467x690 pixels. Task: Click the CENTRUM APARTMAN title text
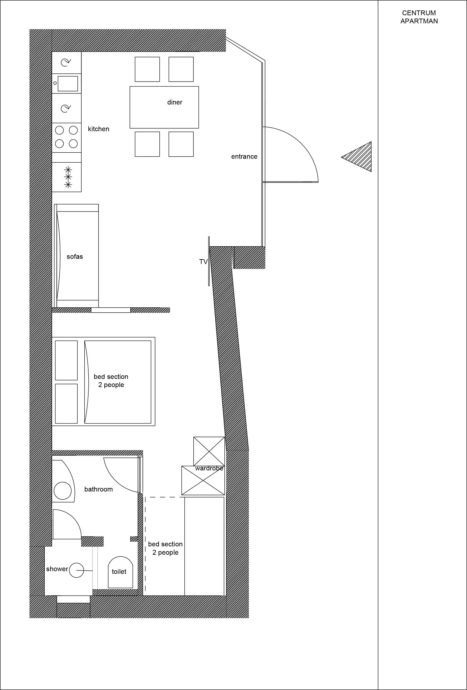[419, 17]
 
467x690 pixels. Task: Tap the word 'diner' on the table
[175, 102]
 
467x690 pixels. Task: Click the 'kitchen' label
[99, 129]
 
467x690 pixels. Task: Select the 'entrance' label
[244, 156]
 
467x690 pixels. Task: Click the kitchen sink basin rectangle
[68, 83]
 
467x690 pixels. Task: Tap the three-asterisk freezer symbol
[68, 177]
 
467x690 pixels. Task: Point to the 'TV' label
[203, 261]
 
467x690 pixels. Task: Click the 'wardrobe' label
[209, 468]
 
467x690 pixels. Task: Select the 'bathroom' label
[99, 489]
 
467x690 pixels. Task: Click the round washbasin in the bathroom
[63, 490]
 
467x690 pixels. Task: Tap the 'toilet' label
[119, 572]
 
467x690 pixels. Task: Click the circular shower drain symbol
[76, 570]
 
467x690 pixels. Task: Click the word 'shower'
[57, 569]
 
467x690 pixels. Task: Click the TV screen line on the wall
[209, 261]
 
